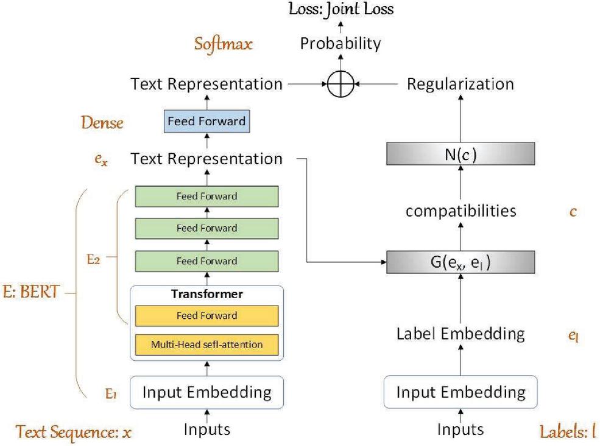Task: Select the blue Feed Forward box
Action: (x=206, y=121)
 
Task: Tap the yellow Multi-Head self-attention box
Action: (x=206, y=344)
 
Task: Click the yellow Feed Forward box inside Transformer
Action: (x=206, y=316)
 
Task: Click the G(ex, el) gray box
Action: (x=461, y=262)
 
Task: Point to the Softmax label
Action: (x=224, y=44)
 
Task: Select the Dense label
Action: (x=102, y=123)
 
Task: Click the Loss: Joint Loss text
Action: (x=341, y=9)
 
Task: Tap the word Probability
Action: (x=341, y=44)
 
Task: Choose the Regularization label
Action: (x=461, y=84)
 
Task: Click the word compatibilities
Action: (x=461, y=211)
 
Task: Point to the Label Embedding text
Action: (x=461, y=333)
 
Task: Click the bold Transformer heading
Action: (x=206, y=294)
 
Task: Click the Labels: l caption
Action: (x=567, y=432)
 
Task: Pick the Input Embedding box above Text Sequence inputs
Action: (x=206, y=392)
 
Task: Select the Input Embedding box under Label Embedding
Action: (x=461, y=392)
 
